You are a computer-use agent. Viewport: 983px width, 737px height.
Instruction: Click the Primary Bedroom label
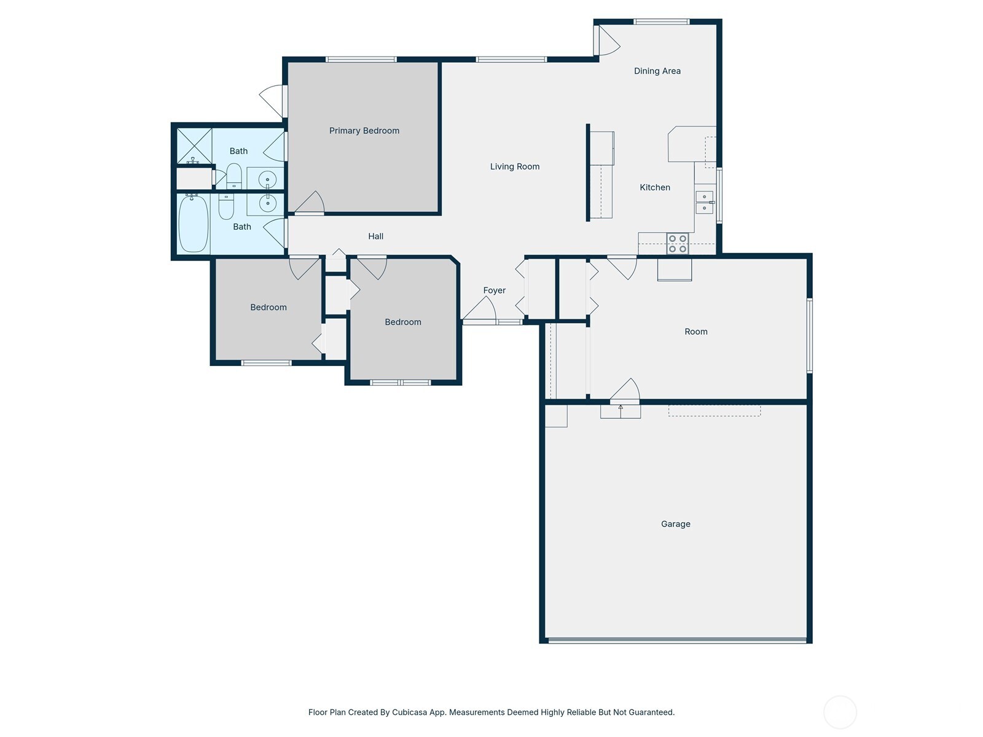(364, 130)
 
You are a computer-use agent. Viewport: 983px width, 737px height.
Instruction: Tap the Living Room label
(514, 166)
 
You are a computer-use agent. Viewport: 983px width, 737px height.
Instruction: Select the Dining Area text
(657, 71)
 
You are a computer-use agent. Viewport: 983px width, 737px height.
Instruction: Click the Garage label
(675, 524)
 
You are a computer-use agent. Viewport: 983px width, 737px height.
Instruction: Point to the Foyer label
(494, 291)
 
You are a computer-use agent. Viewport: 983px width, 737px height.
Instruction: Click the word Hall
(375, 236)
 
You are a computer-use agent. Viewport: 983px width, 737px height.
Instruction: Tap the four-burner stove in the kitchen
(677, 244)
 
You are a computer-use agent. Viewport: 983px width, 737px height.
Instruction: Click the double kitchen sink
(704, 202)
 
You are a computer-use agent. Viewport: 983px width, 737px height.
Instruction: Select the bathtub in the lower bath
(193, 224)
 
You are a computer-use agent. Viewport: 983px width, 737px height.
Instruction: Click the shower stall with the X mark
(194, 146)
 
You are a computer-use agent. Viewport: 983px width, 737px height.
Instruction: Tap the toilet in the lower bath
(226, 206)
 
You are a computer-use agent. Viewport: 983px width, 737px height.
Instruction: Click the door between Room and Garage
(625, 392)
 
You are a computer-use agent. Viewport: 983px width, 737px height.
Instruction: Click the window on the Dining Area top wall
(661, 22)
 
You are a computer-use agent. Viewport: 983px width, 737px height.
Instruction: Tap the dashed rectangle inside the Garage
(714, 410)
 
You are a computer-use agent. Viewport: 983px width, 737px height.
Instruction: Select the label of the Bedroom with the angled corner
(402, 322)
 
